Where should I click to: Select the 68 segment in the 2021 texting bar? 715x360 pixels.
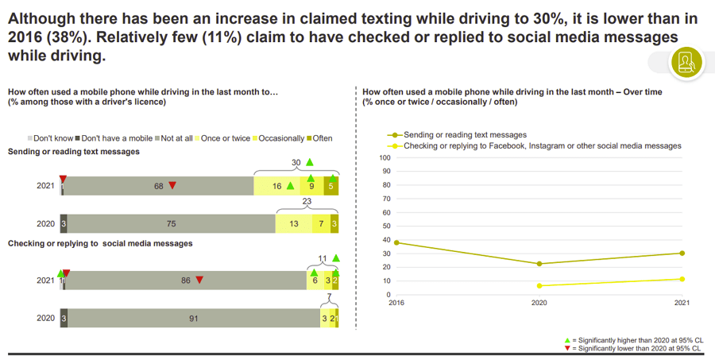click(x=159, y=186)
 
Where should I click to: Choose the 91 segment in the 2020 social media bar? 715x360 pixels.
click(x=193, y=319)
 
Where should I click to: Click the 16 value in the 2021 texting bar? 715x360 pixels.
click(x=277, y=186)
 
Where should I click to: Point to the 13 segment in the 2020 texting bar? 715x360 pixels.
click(x=294, y=224)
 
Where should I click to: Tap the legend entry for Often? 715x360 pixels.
click(x=319, y=138)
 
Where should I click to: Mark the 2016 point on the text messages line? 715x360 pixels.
click(x=396, y=242)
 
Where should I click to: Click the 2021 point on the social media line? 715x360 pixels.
click(x=682, y=279)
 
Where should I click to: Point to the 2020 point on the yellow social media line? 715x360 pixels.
click(x=539, y=286)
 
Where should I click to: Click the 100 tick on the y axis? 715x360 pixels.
click(x=385, y=157)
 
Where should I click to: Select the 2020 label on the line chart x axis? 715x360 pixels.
click(x=539, y=303)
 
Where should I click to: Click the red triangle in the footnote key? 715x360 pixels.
click(x=567, y=348)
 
